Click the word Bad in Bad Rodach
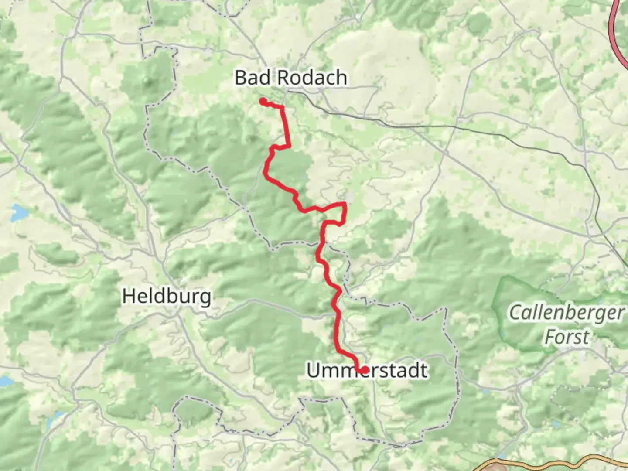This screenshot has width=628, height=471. click(253, 78)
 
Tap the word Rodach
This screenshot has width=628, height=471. click(312, 78)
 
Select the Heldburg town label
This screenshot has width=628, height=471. click(167, 297)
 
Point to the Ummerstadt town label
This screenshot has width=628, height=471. click(367, 371)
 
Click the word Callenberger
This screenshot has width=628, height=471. click(567, 313)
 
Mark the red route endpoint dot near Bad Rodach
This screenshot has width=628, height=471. click(263, 102)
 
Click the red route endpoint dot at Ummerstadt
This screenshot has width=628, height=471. click(364, 370)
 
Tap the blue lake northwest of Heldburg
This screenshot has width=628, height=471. click(18, 213)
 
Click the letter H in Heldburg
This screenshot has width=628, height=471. click(128, 297)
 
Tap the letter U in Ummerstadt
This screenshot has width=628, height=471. click(313, 371)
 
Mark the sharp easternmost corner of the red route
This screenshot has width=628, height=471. click(346, 204)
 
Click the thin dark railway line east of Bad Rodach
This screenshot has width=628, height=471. click(436, 126)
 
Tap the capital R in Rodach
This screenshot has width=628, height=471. click(283, 78)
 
